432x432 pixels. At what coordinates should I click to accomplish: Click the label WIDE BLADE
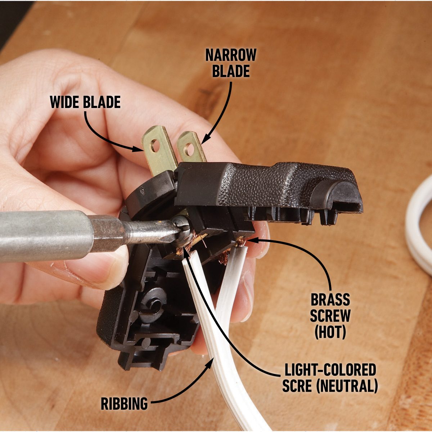click(85, 102)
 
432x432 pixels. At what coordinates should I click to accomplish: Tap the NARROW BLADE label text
click(231, 63)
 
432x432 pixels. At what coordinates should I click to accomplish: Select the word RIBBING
click(124, 404)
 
